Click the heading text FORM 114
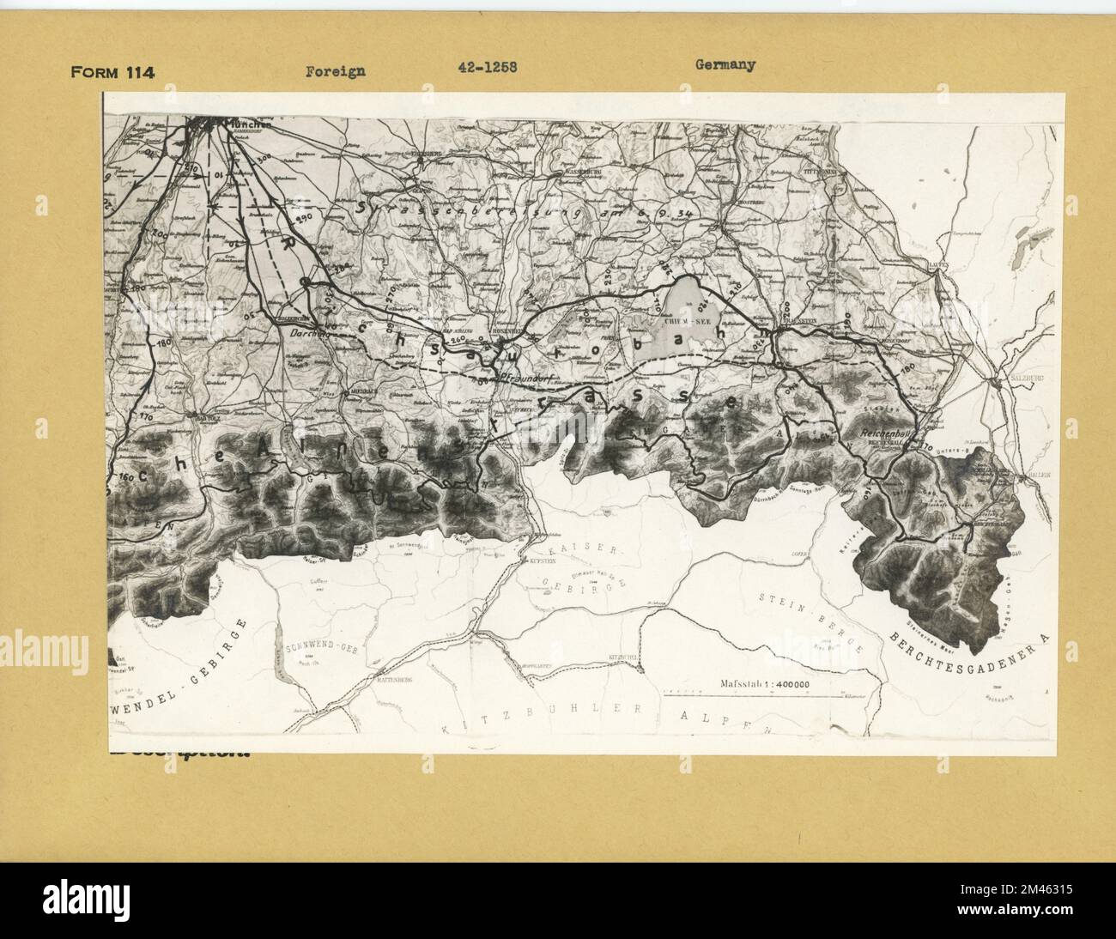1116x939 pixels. click(112, 72)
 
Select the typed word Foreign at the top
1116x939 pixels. click(336, 70)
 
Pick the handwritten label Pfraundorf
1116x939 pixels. click(513, 377)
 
